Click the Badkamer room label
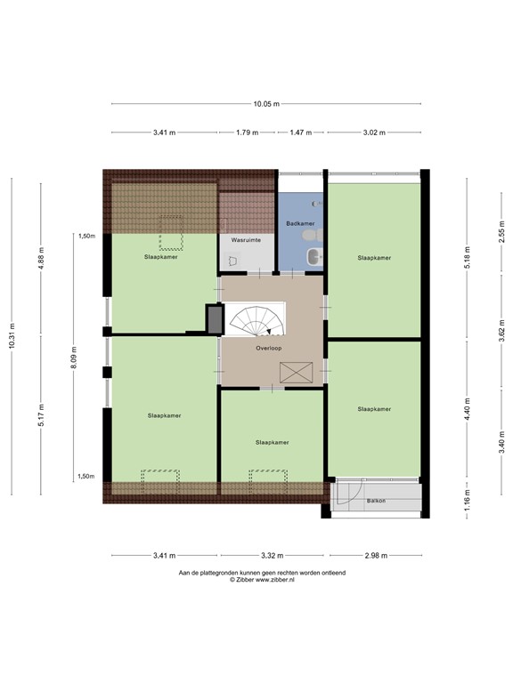(298, 223)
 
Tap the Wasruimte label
(245, 240)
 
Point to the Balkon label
(376, 502)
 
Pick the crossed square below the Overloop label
(294, 372)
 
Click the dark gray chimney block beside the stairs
(214, 318)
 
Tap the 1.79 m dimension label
(247, 133)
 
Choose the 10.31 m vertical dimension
(12, 335)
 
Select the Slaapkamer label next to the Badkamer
(374, 258)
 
